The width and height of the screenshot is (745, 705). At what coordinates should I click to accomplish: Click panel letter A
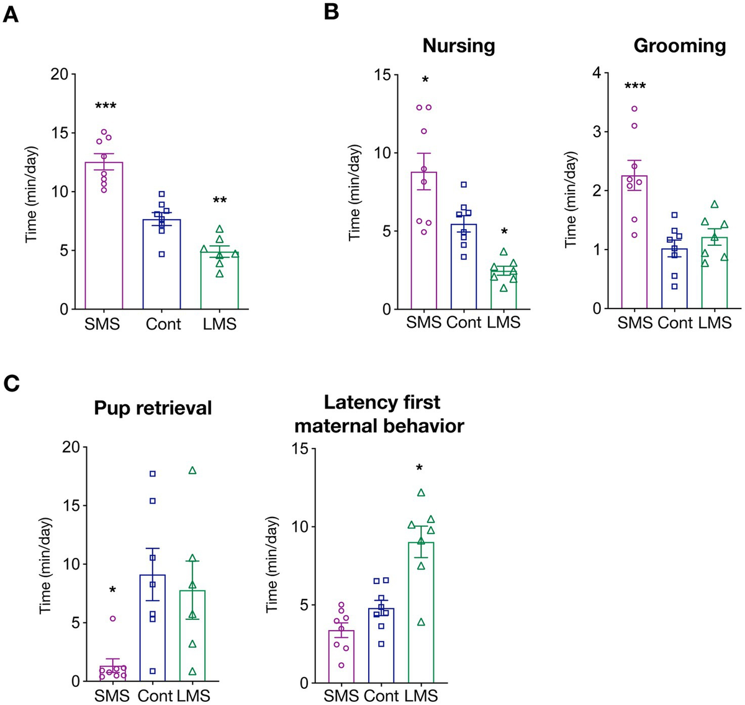pos(11,13)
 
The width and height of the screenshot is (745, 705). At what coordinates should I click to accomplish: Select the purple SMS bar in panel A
pos(104,236)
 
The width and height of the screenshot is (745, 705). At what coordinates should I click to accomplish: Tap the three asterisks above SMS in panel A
pos(106,107)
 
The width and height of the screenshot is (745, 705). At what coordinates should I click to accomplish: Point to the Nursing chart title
pos(459,45)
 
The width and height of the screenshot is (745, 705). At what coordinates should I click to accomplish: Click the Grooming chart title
pos(679,45)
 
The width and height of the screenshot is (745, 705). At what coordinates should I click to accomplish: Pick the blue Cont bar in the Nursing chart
pos(464,267)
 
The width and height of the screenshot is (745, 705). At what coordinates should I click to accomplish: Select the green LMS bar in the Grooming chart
pos(714,273)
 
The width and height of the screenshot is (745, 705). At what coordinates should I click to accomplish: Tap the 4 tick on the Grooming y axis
pos(597,73)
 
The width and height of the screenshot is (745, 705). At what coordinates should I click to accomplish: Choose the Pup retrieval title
pos(153,408)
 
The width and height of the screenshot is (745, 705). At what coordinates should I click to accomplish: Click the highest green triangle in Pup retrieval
pos(192,470)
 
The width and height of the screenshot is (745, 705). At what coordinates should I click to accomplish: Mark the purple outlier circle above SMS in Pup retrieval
pos(113,618)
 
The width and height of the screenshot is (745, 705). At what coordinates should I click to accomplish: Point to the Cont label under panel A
pos(163,324)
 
